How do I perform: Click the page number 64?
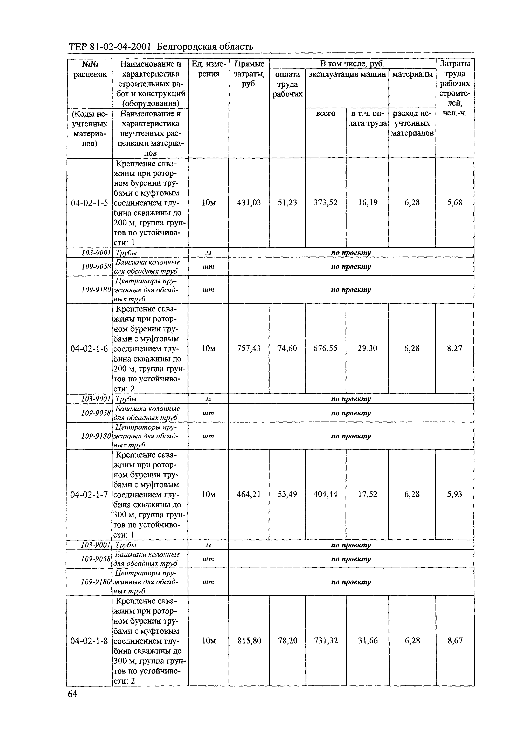coord(72,693)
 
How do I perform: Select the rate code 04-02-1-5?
coord(89,203)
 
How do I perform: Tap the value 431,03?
coord(249,203)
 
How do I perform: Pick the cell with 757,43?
coord(249,348)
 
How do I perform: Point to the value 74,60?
coord(287,348)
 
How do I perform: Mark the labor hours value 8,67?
coord(455,640)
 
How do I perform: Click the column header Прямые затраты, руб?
coord(249,74)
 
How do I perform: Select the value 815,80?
coord(249,640)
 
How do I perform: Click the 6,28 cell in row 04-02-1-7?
coord(412,494)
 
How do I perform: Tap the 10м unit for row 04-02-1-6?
coord(208,348)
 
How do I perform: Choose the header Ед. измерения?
coord(208,69)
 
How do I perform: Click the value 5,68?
coord(455,203)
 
